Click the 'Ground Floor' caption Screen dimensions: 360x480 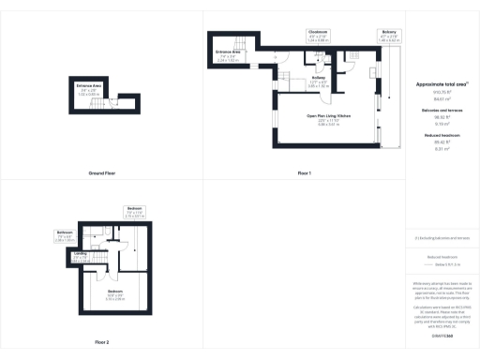coord(101,174)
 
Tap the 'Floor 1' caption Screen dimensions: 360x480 coord(304,174)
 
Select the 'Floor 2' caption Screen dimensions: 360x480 coord(101,342)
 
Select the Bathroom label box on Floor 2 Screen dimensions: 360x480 coord(65,234)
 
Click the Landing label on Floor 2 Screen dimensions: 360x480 coord(82,255)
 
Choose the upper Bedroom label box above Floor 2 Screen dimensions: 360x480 coord(135,211)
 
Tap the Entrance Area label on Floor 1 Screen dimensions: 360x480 coord(230,55)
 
